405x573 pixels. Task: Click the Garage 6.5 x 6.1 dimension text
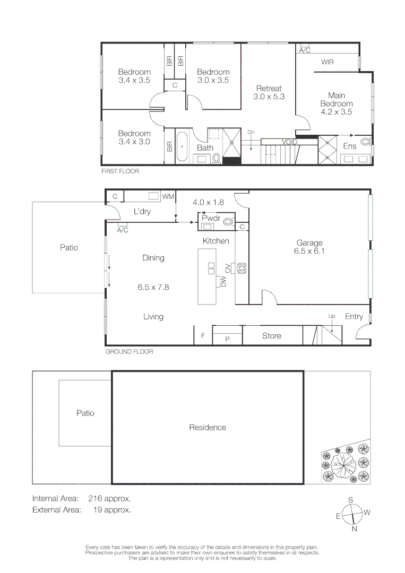pos(309,251)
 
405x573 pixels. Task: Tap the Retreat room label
pos(269,89)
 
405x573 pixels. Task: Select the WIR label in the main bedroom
pos(328,62)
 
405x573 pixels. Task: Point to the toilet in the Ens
pos(365,142)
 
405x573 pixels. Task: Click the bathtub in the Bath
pos(182,145)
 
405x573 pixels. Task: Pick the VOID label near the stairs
pos(289,142)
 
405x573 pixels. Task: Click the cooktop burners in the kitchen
pos(242,268)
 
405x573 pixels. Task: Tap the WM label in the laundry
pos(168,197)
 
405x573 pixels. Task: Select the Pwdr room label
pos(211,218)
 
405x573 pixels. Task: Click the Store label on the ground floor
pos(272,336)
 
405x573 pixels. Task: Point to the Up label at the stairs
pos(332,316)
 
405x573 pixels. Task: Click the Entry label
pos(354,317)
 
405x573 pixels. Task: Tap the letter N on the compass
pos(354,528)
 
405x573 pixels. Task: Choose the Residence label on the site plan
pos(208,428)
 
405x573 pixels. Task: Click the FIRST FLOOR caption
pos(120,172)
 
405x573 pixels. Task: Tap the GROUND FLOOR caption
pos(129,352)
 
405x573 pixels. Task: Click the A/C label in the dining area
pos(123,230)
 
